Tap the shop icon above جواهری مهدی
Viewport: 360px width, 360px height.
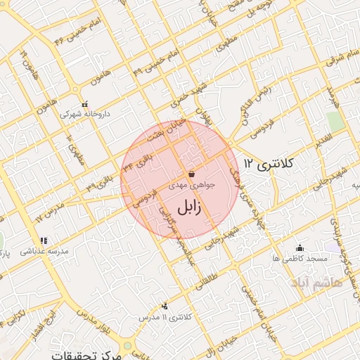pyautogui.click(x=191, y=173)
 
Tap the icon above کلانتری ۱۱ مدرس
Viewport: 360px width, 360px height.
pyautogui.click(x=165, y=306)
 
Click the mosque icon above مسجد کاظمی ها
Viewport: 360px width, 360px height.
pyautogui.click(x=300, y=247)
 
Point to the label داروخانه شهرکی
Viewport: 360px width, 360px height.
pyautogui.click(x=84, y=113)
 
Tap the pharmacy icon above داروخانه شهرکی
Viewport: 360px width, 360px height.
pyautogui.click(x=85, y=103)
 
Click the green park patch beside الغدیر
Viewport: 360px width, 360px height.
pyautogui.click(x=335, y=121)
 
